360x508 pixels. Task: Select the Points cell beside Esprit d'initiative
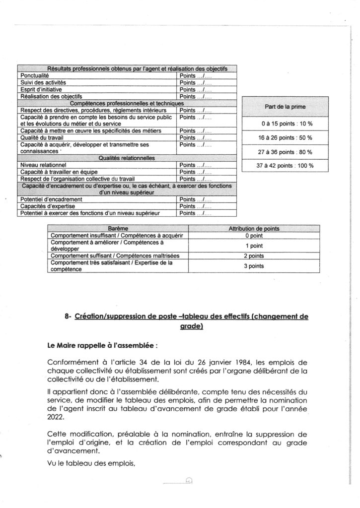(196, 89)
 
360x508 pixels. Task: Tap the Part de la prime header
(286, 107)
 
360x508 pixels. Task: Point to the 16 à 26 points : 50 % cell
(286, 137)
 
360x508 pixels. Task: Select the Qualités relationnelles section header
(127, 158)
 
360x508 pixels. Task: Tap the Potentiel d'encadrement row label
(52, 199)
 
